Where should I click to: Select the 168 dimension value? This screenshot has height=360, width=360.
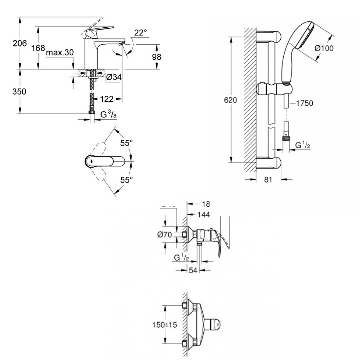(39, 49)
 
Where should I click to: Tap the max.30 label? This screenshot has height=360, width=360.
(59, 52)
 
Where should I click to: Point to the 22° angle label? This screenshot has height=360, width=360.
(141, 33)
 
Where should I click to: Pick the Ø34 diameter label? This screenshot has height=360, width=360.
(114, 77)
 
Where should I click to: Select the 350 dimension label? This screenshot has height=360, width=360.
(19, 92)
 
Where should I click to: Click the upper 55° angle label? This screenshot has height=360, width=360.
(126, 143)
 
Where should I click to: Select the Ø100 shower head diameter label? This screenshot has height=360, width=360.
(324, 49)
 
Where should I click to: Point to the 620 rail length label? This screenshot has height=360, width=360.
(230, 100)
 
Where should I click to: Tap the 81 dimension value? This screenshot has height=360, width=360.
(268, 179)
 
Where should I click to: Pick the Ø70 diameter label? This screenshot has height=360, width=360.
(165, 234)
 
